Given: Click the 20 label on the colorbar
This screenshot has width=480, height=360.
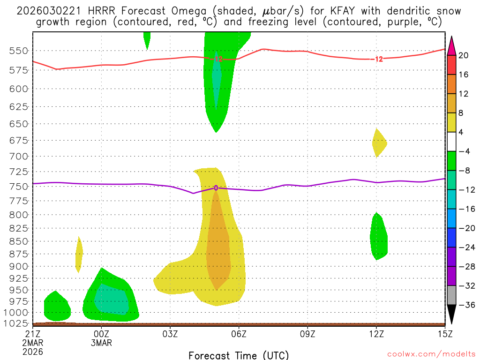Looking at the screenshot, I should [464, 55].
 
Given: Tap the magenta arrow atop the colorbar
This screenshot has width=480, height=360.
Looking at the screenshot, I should [451, 45].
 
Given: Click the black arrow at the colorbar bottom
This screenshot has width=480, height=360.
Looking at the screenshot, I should [451, 315].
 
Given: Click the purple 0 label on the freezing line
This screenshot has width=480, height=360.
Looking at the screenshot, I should [216, 188].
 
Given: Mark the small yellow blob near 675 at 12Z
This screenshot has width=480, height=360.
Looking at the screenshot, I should [379, 142].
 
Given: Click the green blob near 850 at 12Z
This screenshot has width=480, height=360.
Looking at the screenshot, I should [379, 237].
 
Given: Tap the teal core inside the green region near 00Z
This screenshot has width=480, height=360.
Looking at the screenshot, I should [112, 300].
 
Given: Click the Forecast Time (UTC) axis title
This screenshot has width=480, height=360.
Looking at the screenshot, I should [239, 355].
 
